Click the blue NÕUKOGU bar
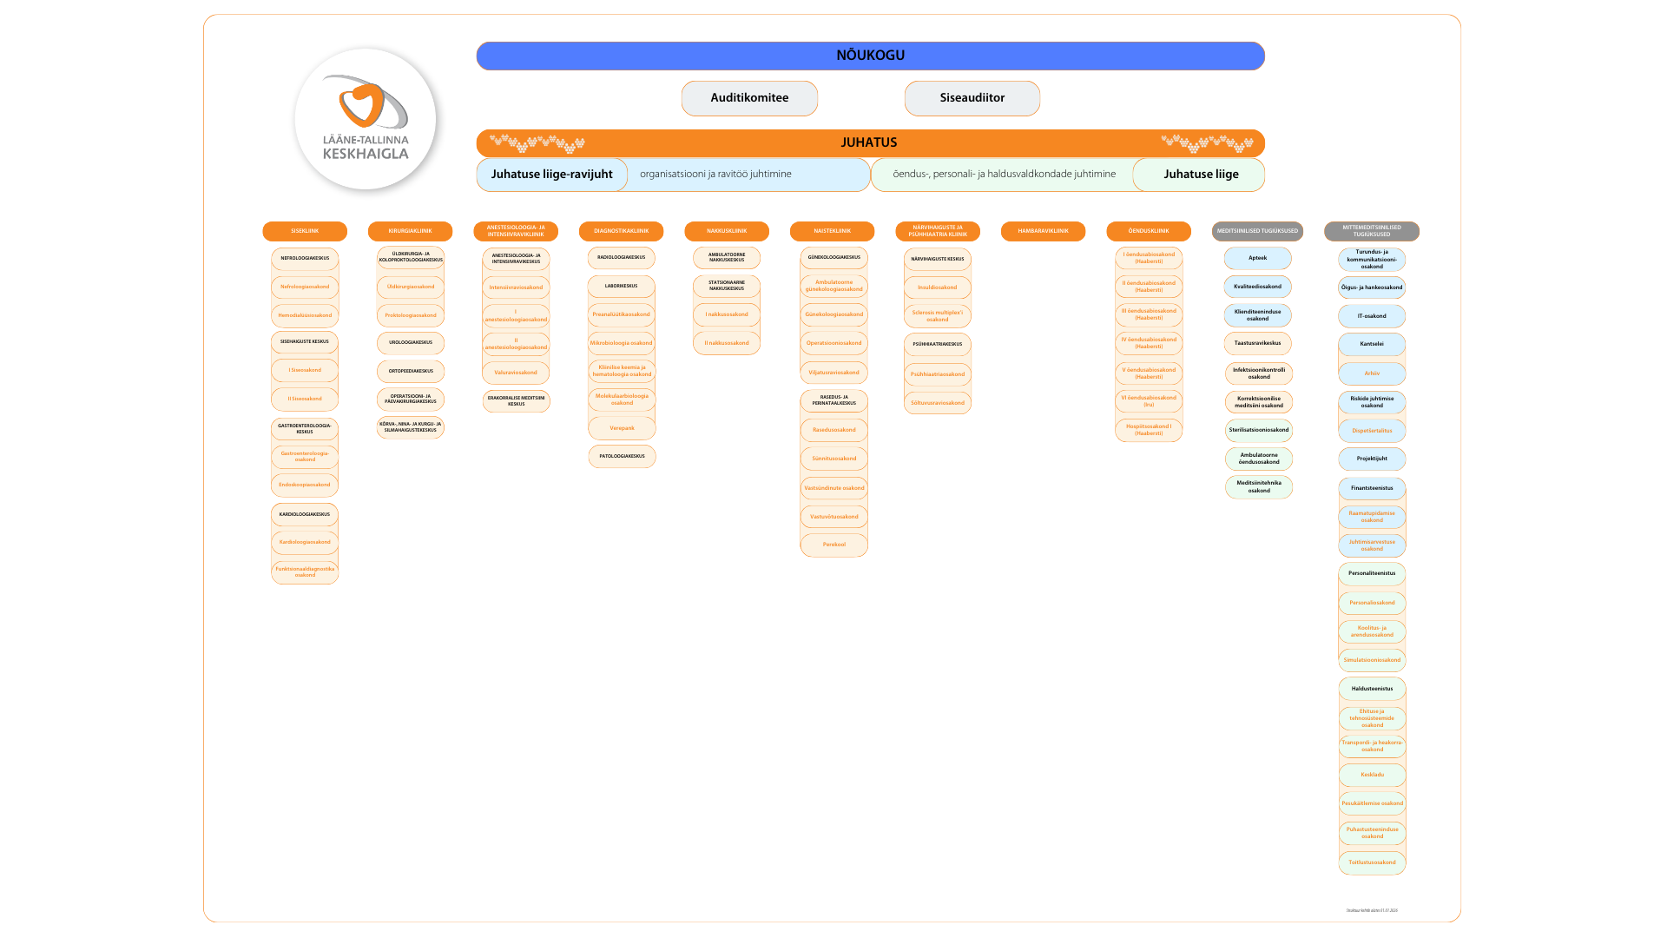tap(870, 56)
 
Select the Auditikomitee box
tap(749, 98)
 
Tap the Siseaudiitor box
tap(972, 98)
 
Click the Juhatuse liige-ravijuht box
tap(551, 175)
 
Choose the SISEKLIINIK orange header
tap(305, 231)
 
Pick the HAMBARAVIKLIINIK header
tap(1043, 231)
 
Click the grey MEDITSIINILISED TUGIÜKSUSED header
tap(1257, 231)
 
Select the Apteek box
tap(1257, 258)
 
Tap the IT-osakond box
tap(1372, 316)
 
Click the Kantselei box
tap(1372, 344)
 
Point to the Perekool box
tap(833, 545)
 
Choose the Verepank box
tap(622, 428)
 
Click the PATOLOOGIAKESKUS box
tap(622, 456)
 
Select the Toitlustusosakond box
tap(1372, 862)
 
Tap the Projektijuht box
tap(1372, 459)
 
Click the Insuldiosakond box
tap(938, 287)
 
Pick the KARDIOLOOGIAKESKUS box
tap(305, 514)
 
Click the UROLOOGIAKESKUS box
tap(411, 342)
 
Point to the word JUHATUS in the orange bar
tap(868, 143)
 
